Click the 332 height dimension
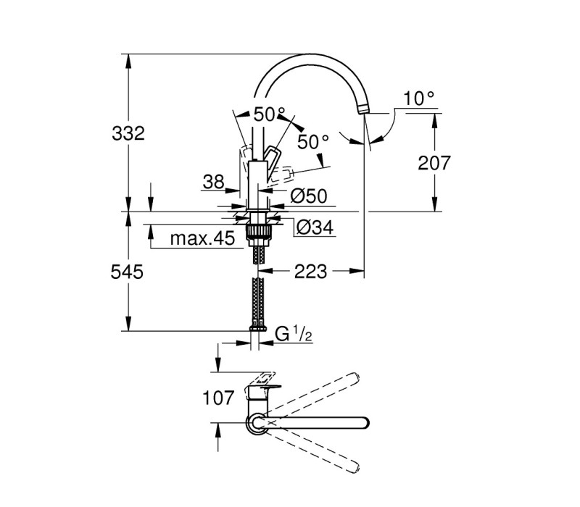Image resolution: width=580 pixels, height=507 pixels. pos(128,133)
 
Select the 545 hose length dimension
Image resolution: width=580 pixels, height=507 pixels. pos(127,272)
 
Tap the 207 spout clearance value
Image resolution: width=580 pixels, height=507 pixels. pos(434,163)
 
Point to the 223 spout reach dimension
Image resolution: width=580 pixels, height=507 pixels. pos(311,272)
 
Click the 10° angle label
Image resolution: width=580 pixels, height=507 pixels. pos(419,99)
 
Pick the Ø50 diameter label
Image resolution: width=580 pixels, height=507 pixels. pos(309,196)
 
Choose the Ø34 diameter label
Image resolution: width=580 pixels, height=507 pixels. pos(315,227)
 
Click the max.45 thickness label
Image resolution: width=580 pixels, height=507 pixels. pos(202,239)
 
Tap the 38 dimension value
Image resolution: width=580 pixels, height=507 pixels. pos(213,182)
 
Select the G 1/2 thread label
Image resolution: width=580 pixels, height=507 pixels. pos(294,335)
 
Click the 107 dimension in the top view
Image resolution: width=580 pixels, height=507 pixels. pos(218,398)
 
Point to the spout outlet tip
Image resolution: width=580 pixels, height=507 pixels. pos(363,109)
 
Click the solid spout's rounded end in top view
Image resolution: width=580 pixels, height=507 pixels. pos(365,423)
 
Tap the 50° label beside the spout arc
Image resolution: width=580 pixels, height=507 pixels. pos(270,114)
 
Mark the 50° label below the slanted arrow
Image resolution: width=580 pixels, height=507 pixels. pos(313,141)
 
